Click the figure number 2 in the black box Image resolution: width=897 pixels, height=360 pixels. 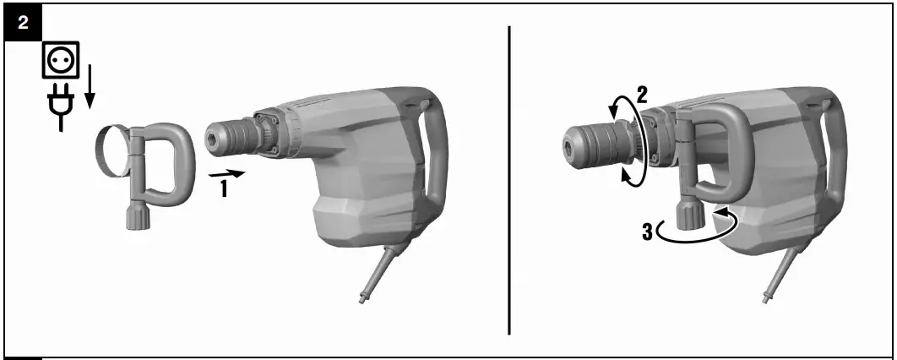22,22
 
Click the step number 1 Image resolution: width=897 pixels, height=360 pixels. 224,188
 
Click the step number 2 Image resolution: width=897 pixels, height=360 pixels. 641,95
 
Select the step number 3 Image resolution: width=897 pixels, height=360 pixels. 647,230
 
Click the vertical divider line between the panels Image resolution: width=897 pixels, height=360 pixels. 509,177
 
